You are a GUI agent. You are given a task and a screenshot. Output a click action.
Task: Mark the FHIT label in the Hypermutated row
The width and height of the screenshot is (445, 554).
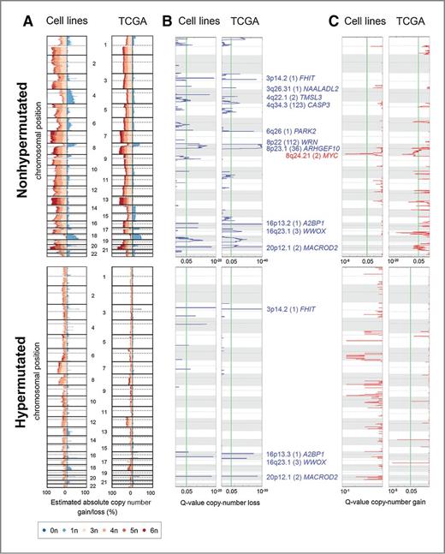(291, 308)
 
